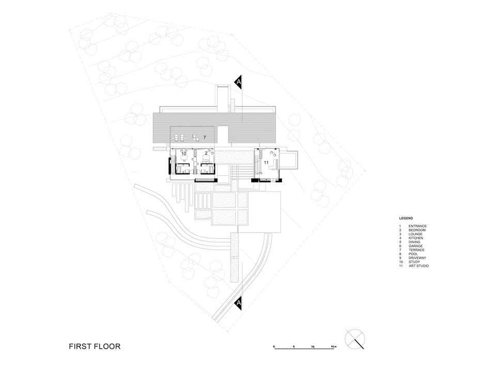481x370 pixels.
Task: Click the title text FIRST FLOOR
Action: tap(95, 346)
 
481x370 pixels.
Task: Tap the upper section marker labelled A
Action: tap(238, 82)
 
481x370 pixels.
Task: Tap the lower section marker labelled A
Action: tap(238, 303)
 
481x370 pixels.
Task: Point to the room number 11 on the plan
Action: tap(266, 162)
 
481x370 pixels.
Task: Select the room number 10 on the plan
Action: tap(183, 153)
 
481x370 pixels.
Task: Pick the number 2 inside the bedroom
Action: tap(206, 153)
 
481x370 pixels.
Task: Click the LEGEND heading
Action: tap(406, 218)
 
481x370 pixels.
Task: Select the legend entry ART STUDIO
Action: tap(418, 266)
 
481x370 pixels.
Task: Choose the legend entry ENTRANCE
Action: tap(417, 226)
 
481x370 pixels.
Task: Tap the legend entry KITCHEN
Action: tap(415, 238)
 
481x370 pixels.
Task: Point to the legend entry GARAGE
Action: tap(415, 246)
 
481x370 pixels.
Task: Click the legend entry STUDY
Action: tap(414, 262)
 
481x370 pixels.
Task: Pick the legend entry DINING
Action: tap(414, 242)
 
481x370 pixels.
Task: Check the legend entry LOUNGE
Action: tap(415, 234)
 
